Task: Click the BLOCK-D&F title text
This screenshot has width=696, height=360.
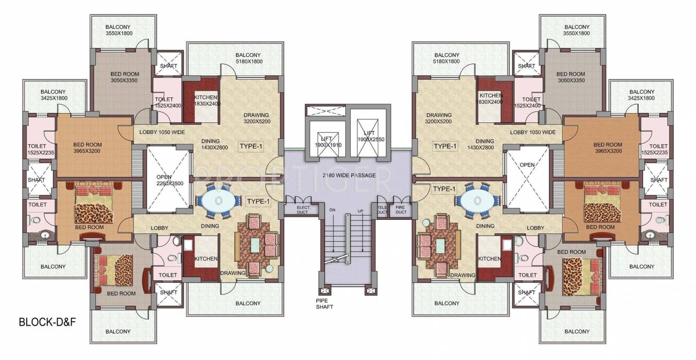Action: point(48,322)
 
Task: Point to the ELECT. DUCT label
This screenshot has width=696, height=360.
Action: point(304,210)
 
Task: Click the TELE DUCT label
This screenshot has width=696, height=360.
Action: point(381,210)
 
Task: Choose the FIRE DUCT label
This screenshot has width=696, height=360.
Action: point(401,210)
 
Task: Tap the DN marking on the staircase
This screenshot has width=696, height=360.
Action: point(332,210)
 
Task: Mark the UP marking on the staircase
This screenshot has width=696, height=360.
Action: point(361,210)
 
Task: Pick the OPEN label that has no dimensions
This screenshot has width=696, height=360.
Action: point(527,165)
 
